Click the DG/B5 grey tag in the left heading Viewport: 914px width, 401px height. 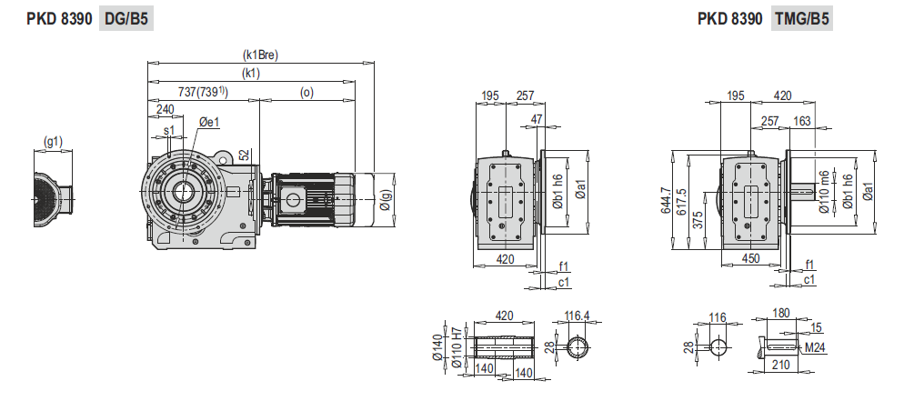[x=126, y=19]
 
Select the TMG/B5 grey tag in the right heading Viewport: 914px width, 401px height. [x=801, y=19]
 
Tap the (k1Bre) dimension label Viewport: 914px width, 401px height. [x=260, y=55]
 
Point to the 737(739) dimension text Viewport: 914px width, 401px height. [x=203, y=92]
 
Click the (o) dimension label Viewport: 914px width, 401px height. [x=306, y=93]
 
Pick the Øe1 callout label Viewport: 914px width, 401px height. [x=208, y=122]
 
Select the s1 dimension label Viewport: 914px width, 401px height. [x=168, y=130]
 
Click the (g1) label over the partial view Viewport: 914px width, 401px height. [x=54, y=141]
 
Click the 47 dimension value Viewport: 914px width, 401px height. [x=537, y=119]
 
